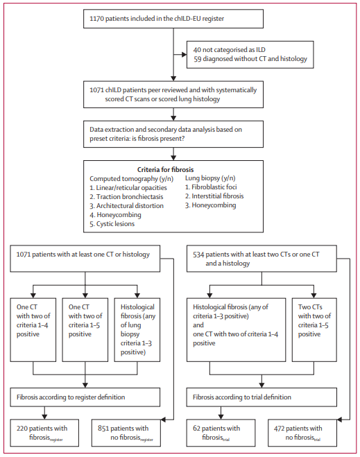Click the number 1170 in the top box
[x=96, y=19]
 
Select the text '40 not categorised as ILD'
[x=230, y=50]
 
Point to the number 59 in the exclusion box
[x=198, y=59]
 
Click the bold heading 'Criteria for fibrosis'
[x=165, y=170]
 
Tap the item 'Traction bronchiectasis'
[x=126, y=197]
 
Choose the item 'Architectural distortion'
[x=126, y=206]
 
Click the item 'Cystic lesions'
[x=112, y=224]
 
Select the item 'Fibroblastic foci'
[x=211, y=187]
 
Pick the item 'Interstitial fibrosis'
[x=214, y=196]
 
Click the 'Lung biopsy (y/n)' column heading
[x=210, y=178]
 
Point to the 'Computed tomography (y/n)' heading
[x=132, y=179]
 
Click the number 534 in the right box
[x=198, y=255]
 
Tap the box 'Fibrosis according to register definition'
[x=85, y=397]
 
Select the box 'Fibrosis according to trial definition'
[x=262, y=397]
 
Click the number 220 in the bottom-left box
[x=22, y=429]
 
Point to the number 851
[x=103, y=429]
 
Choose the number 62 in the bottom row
[x=196, y=429]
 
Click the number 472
[x=280, y=429]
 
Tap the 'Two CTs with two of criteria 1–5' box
[x=314, y=330]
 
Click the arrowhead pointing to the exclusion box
[x=185, y=55]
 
